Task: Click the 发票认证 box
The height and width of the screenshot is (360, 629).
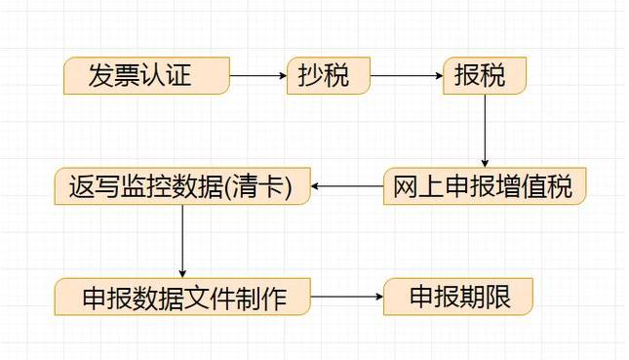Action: tap(146, 75)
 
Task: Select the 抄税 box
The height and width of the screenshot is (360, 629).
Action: tap(329, 75)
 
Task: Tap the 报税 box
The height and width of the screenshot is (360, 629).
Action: tap(485, 75)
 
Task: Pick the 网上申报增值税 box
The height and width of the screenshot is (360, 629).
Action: tap(484, 186)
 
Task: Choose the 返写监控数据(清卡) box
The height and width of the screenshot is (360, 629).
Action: tap(181, 186)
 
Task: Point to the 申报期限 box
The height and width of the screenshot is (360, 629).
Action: tap(458, 297)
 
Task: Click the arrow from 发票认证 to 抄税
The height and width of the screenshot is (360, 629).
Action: tap(258, 75)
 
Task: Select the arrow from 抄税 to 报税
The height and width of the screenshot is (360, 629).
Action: tap(407, 75)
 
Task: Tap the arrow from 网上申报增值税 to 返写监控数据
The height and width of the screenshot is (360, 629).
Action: tap(347, 186)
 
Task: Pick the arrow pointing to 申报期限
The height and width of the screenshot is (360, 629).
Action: tap(347, 297)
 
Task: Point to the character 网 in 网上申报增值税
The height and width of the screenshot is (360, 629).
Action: tap(406, 186)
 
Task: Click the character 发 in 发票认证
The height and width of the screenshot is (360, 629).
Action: tap(100, 75)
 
